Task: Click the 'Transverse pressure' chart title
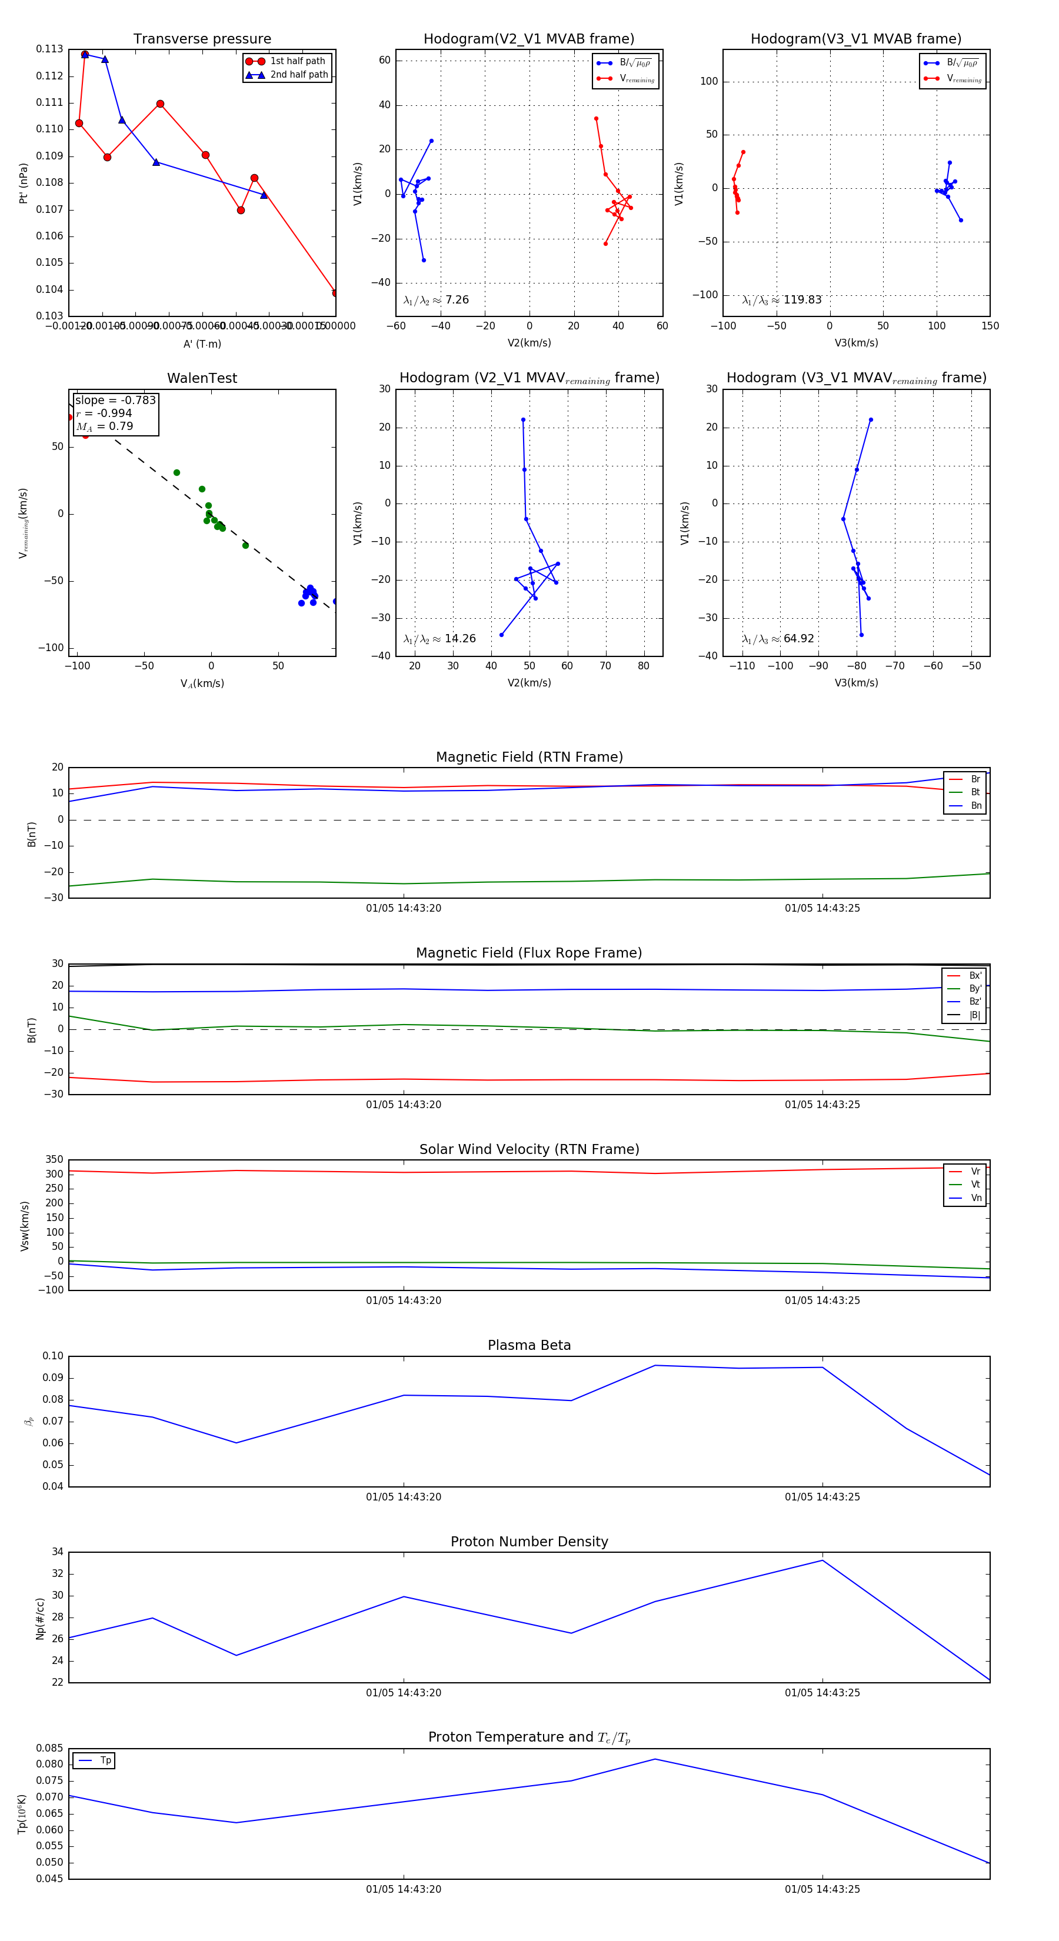[202, 39]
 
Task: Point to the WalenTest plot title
[202, 378]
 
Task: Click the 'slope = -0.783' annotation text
[115, 400]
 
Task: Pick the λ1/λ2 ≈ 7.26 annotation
[435, 300]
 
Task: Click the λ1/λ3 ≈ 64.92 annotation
[778, 639]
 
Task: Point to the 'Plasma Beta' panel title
[529, 1346]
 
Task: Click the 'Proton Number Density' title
[529, 1542]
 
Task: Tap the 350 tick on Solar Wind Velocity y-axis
[54, 1160]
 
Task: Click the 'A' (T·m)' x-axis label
[202, 344]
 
